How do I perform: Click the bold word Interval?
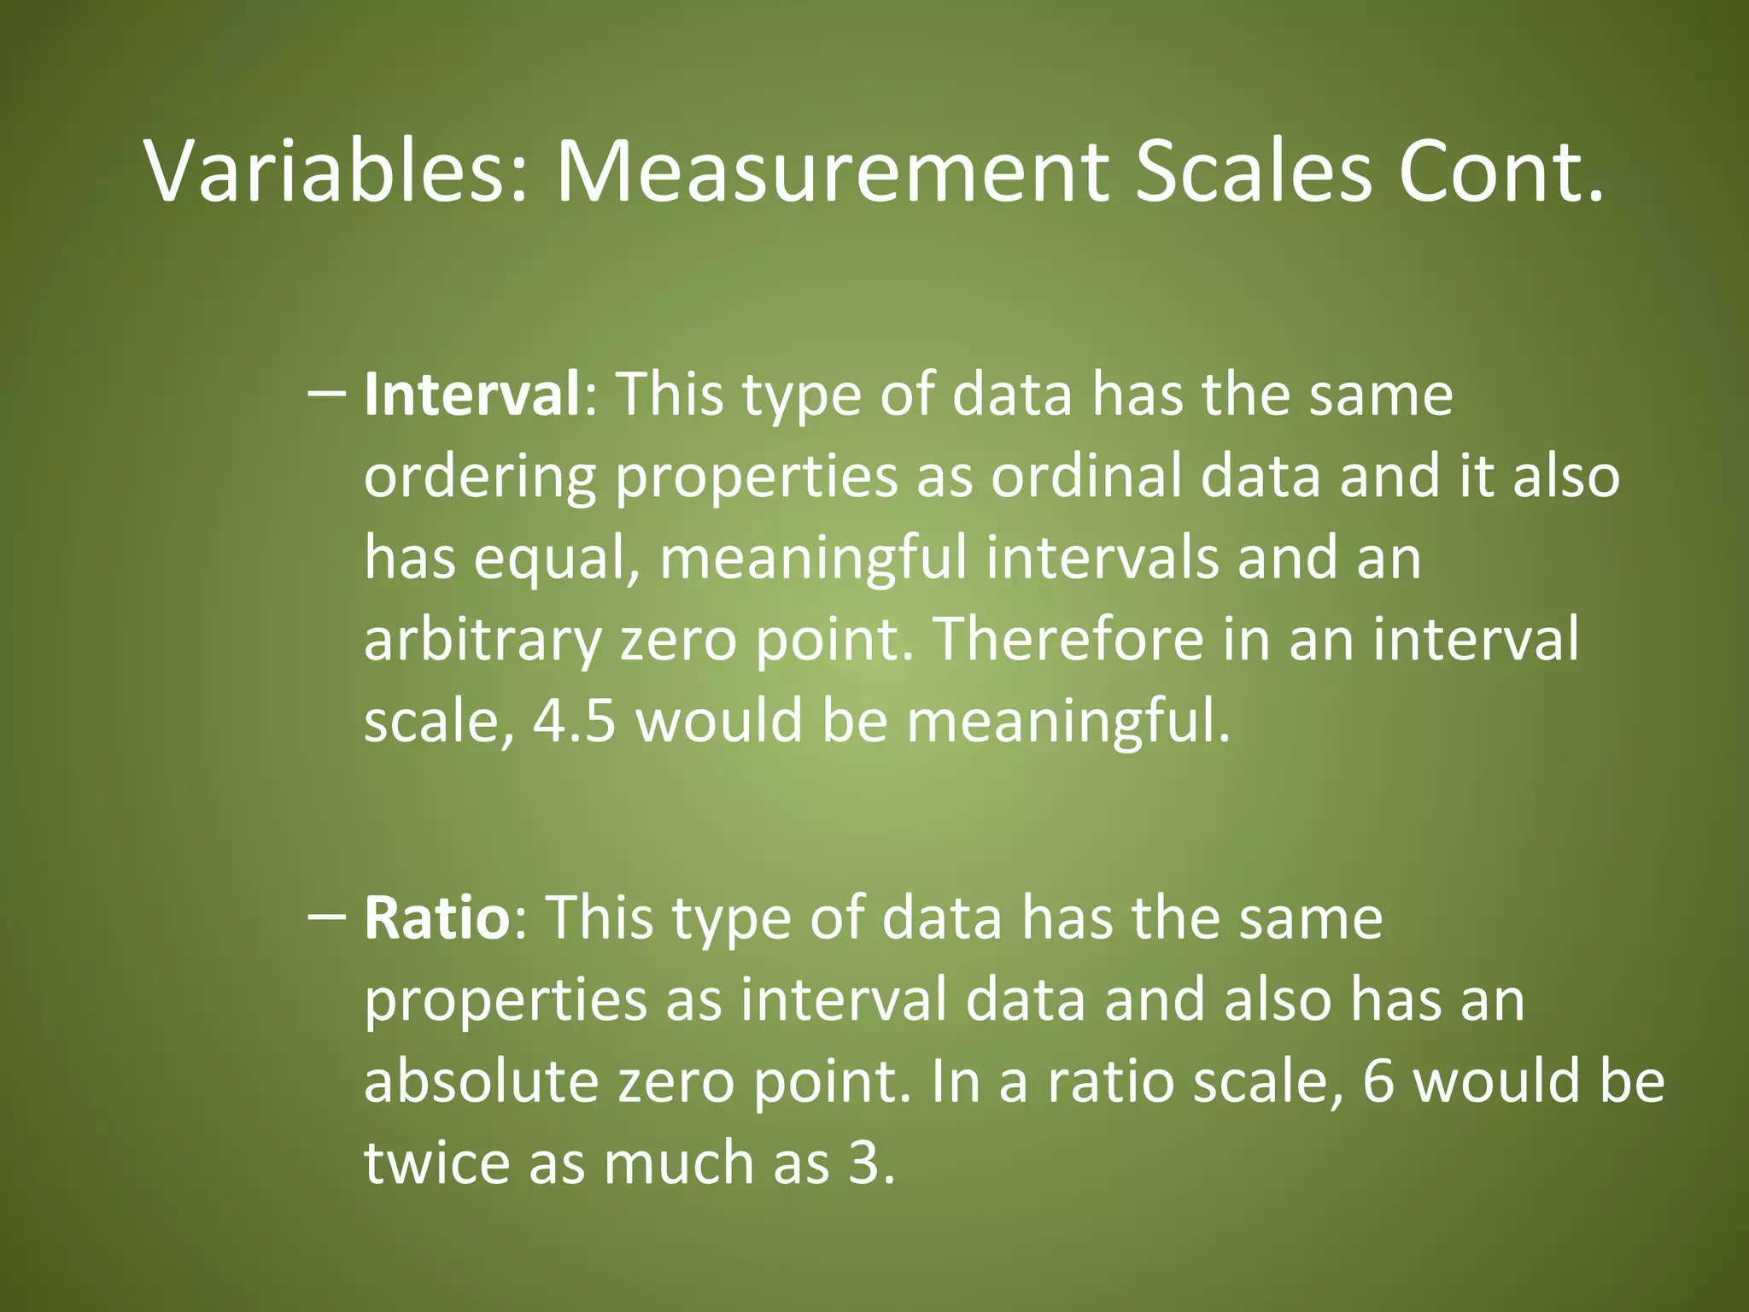(x=472, y=395)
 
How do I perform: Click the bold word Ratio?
(x=436, y=918)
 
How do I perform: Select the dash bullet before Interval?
(x=325, y=395)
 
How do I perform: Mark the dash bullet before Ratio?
(x=325, y=917)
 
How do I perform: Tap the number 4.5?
(x=574, y=720)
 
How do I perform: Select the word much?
(x=679, y=1163)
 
